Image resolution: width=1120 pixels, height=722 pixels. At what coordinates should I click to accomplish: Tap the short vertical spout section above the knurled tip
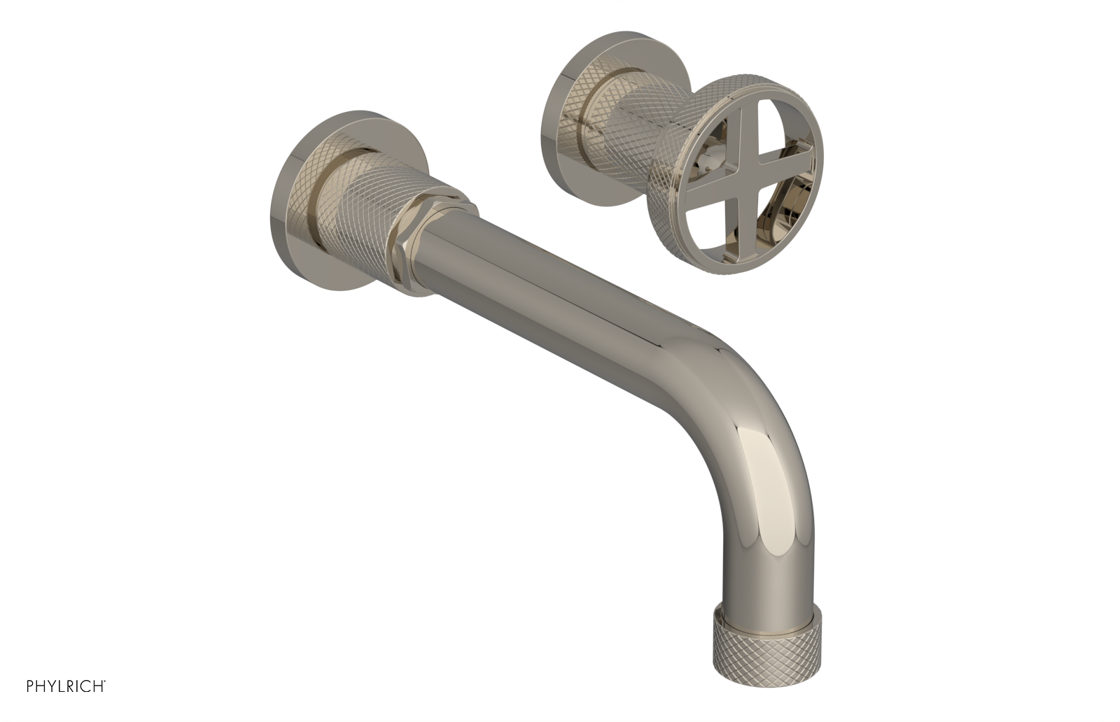click(x=759, y=546)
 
